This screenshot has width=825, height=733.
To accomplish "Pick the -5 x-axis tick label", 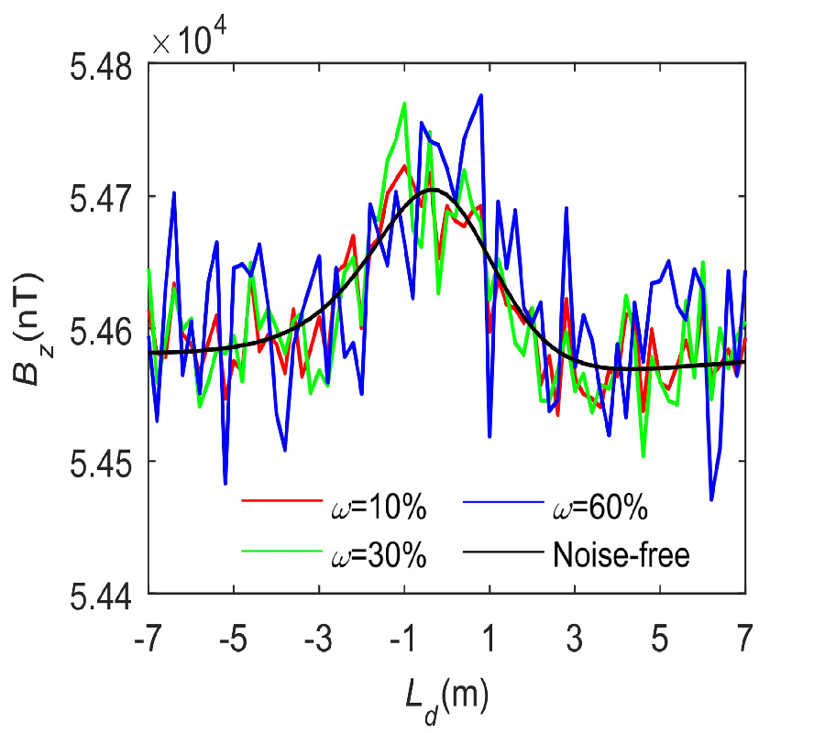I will click(x=232, y=633).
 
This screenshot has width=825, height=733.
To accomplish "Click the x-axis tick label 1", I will click(x=490, y=633).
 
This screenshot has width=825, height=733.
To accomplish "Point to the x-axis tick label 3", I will click(x=576, y=633).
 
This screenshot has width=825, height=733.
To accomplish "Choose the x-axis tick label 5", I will click(x=660, y=633).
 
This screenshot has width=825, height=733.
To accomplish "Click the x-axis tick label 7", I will click(x=744, y=633).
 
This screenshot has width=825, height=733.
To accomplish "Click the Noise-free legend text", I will click(x=621, y=554).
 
